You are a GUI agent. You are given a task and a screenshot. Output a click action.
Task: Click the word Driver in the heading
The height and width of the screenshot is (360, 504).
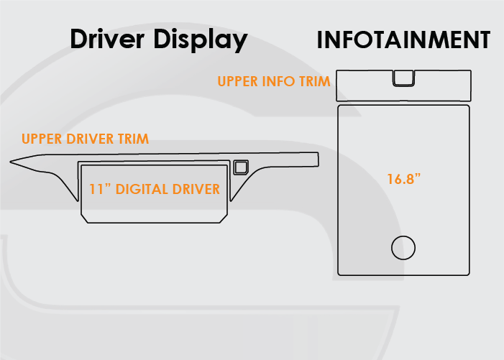click(107, 39)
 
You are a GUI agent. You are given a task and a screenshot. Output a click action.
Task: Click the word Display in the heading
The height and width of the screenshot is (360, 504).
click(201, 40)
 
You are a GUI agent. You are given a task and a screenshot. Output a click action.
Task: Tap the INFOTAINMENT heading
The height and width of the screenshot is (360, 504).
click(403, 40)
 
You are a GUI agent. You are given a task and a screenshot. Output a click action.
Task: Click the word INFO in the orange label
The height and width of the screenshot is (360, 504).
click(278, 81)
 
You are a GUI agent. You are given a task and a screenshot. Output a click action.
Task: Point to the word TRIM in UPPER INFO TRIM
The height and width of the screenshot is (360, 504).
click(315, 81)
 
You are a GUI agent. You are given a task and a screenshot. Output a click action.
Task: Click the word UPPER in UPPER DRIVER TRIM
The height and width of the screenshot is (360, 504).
click(42, 139)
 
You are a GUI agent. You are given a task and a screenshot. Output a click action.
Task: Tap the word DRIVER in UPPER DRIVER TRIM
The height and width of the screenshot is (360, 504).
click(90, 139)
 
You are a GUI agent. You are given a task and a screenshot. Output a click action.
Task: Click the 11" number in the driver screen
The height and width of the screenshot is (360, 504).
click(100, 189)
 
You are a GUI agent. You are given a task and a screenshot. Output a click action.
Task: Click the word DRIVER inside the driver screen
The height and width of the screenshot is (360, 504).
click(196, 189)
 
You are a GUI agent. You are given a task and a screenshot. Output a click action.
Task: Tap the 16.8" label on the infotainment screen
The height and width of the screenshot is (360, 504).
click(404, 179)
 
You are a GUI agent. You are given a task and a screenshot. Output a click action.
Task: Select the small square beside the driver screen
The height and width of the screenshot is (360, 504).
click(241, 167)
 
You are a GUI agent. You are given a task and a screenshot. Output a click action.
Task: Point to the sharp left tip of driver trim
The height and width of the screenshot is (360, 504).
click(10, 162)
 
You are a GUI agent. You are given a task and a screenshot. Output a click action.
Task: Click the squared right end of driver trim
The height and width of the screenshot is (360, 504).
click(319, 160)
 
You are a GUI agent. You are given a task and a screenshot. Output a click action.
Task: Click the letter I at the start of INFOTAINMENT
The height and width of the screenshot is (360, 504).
click(319, 40)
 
